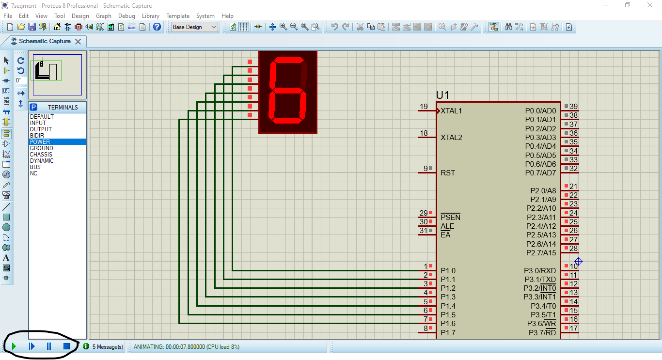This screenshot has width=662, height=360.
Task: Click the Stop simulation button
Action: [x=66, y=346]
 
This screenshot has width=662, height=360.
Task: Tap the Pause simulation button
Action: [x=49, y=346]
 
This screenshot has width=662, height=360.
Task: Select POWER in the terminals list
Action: [x=40, y=142]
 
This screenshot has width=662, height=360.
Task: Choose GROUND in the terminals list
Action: [x=42, y=148]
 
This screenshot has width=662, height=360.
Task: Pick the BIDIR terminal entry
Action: [x=37, y=136]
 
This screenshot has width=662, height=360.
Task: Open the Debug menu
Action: [x=126, y=16]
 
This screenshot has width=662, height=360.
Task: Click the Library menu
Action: [x=150, y=16]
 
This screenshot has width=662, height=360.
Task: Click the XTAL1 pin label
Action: [x=451, y=111]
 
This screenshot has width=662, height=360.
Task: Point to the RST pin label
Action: [x=448, y=173]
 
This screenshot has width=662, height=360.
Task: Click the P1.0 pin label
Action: [x=448, y=271]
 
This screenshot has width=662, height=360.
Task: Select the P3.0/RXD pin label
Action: [x=540, y=271]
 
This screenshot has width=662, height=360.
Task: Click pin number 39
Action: [x=573, y=107]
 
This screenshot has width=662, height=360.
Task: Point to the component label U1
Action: [x=442, y=95]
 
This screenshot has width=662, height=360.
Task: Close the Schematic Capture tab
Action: [x=78, y=42]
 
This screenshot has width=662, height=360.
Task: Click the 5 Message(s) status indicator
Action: [x=103, y=347]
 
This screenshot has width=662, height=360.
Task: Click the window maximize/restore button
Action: [x=628, y=5]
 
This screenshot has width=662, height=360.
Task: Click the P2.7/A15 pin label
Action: [x=541, y=253]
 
